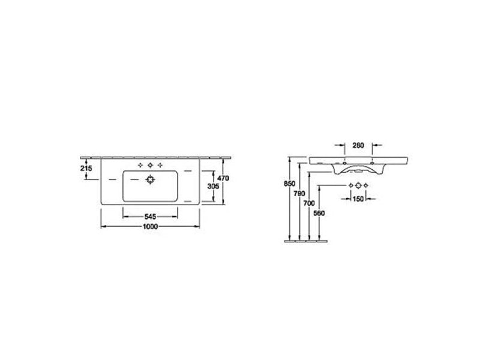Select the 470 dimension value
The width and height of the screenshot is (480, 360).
(224, 178)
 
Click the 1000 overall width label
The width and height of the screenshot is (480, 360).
(150, 226)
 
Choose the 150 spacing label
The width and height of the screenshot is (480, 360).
(359, 199)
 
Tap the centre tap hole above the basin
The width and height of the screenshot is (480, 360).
(149, 165)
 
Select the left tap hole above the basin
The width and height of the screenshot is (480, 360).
(139, 165)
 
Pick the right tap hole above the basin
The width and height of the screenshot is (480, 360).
(160, 165)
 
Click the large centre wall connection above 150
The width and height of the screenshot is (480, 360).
(359, 186)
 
